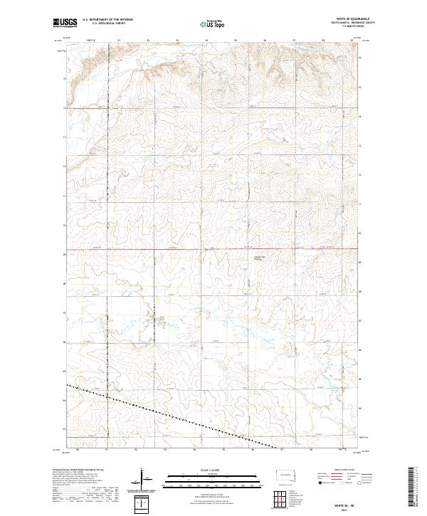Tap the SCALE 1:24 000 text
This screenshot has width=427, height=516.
click(x=213, y=468)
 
